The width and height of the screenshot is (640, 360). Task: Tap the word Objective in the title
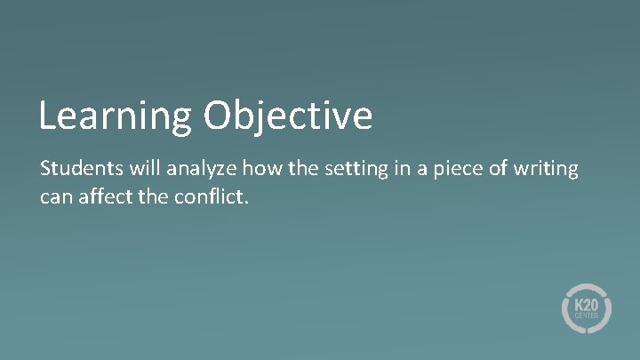(288, 116)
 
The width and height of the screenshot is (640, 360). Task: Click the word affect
(107, 195)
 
